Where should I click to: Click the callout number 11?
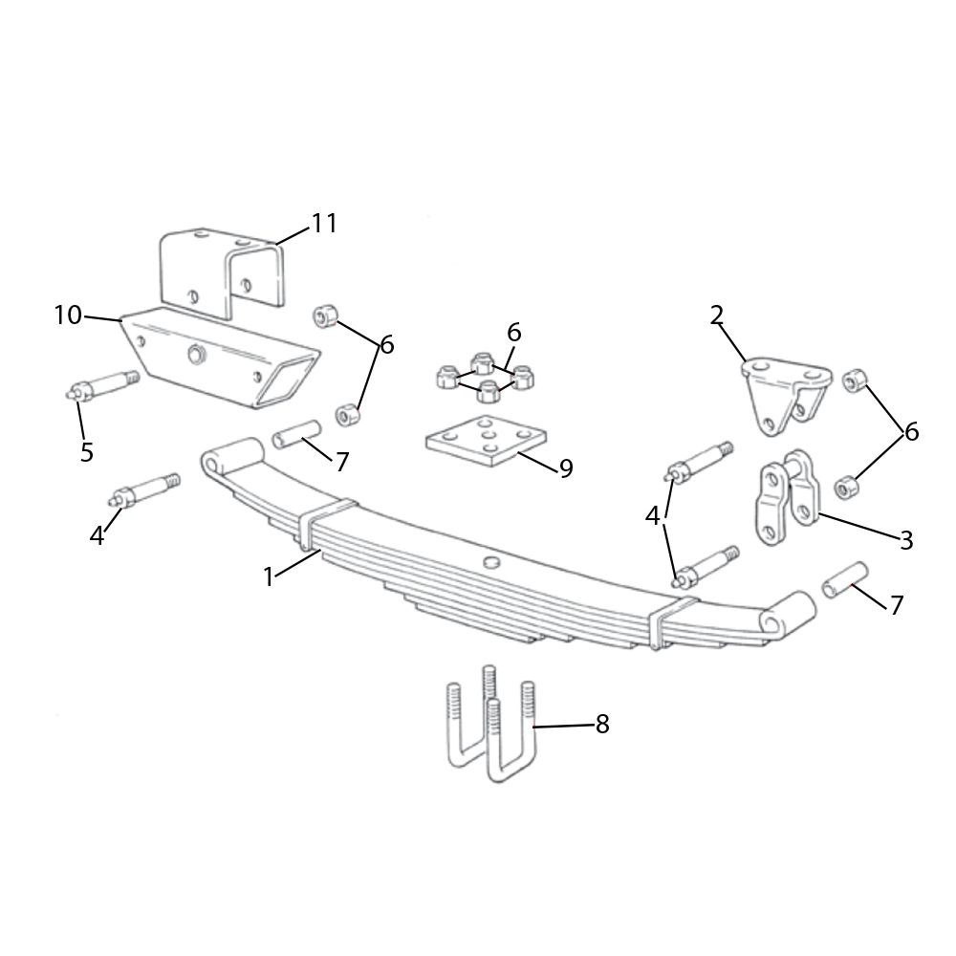click(324, 224)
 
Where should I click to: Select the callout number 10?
click(68, 315)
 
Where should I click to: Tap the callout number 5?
click(87, 452)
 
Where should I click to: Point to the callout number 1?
click(269, 576)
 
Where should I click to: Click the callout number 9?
click(566, 468)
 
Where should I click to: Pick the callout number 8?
click(602, 725)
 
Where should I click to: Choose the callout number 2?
click(716, 315)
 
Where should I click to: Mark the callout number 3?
click(906, 539)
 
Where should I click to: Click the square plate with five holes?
click(486, 440)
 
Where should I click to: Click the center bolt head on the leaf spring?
click(490, 561)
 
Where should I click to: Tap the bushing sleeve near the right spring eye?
click(845, 580)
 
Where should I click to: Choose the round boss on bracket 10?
click(196, 355)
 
